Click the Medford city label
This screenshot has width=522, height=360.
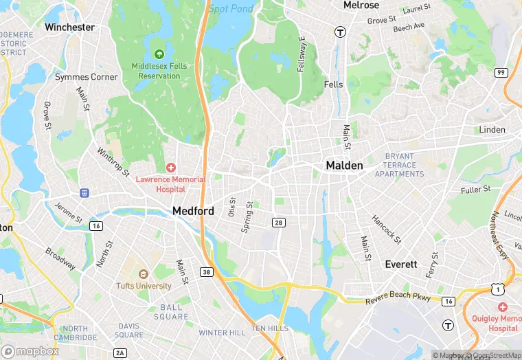point(193,211)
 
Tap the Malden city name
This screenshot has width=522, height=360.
point(344,166)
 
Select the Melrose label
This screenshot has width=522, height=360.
point(361,5)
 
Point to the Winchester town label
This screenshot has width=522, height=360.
point(69,27)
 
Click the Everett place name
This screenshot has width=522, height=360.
point(400,265)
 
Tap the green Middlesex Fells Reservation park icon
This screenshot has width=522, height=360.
point(159,54)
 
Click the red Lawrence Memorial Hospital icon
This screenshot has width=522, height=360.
point(170,168)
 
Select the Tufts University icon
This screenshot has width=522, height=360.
point(143,274)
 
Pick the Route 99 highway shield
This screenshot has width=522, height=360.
point(501,72)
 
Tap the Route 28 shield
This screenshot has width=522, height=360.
point(279,223)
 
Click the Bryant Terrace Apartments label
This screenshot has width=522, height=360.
point(400,165)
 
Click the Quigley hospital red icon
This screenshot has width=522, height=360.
point(503,306)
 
